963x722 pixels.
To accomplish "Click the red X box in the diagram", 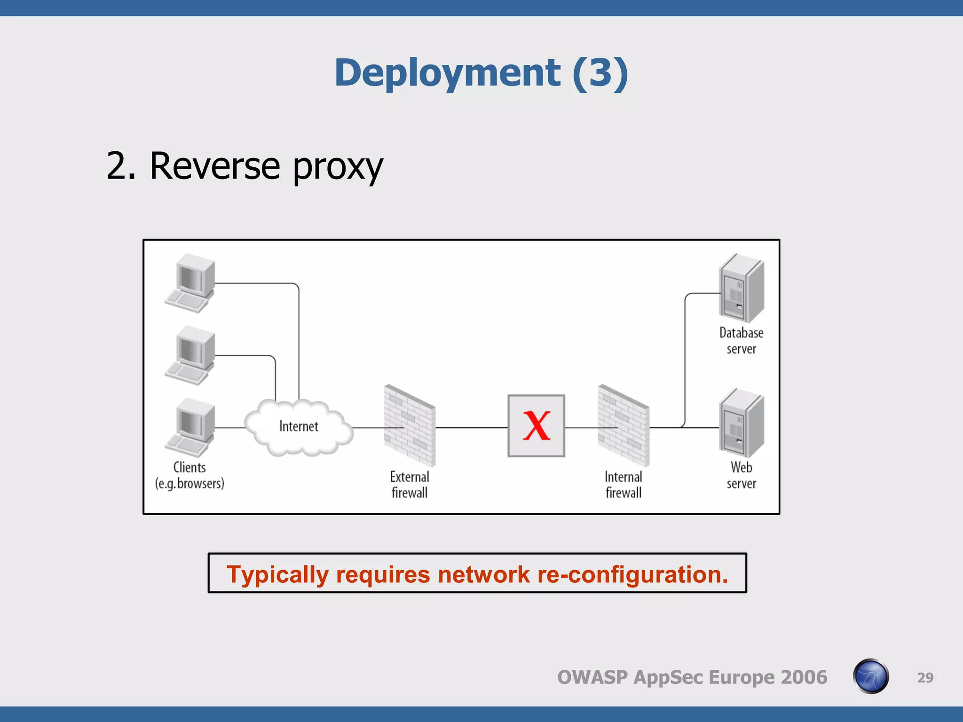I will coord(536,425).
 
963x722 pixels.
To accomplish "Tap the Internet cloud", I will coord(299,427).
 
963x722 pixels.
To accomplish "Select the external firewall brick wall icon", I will coord(410,425).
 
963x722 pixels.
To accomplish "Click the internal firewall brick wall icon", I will coord(624,425).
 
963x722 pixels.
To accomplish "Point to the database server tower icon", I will coord(742,288).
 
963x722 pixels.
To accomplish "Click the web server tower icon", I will coord(742,423).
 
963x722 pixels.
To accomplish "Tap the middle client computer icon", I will coord(190,355).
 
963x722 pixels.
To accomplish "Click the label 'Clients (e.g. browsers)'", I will coord(189,475).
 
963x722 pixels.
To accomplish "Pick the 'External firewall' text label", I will coord(410,485).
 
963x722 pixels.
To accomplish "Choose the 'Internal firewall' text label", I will coord(624,485).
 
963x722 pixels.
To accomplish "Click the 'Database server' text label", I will coord(742,341).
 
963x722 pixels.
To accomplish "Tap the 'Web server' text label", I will coord(742,475).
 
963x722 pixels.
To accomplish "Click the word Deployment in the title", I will coord(447,73).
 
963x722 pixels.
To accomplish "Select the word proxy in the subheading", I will coord(338,166).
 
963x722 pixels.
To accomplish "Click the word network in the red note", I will coord(484,574).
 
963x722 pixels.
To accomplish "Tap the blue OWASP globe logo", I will coord(871,676).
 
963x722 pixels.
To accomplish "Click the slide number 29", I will coord(925,677).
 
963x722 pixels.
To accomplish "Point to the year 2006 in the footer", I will coord(804,677).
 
